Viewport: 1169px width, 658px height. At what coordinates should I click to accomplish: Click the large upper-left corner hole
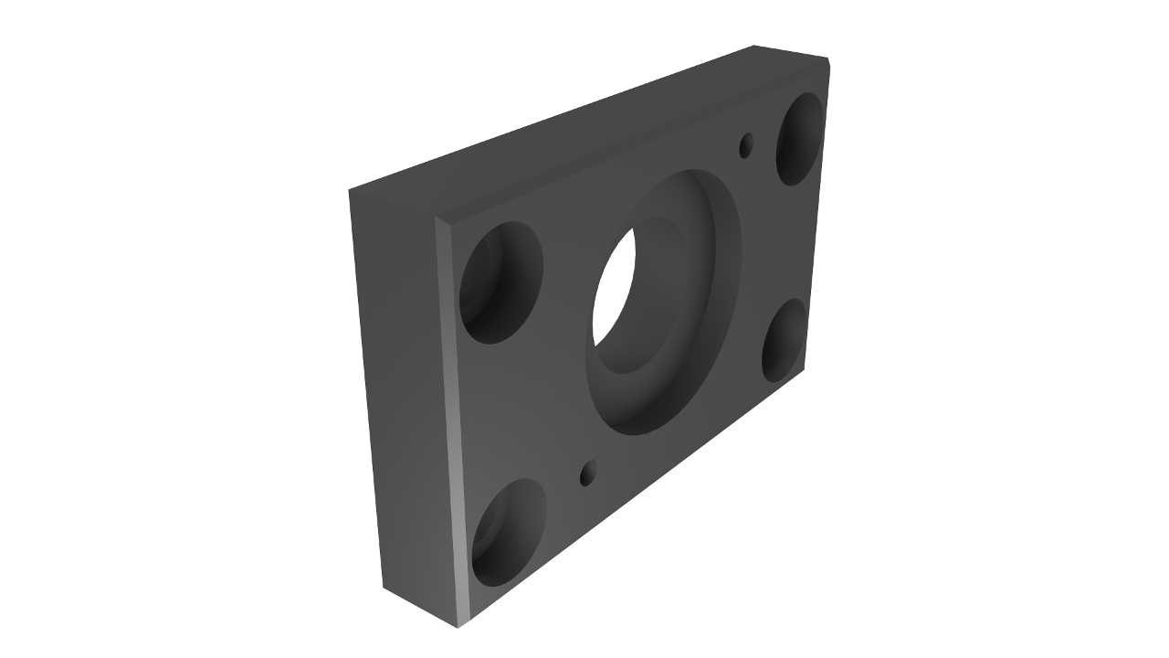[500, 282]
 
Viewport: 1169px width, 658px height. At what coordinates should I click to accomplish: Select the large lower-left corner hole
[509, 532]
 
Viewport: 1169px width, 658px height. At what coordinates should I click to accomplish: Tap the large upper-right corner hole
[800, 138]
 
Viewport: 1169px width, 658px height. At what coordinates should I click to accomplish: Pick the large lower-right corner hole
[785, 340]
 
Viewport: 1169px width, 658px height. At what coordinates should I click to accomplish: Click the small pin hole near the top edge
[746, 145]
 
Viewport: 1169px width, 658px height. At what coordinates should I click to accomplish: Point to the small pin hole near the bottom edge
[588, 472]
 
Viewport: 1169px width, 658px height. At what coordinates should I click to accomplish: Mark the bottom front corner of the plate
[458, 627]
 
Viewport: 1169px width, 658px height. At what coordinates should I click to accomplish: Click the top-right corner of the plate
[827, 62]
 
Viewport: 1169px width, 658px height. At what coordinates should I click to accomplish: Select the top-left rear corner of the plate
[350, 191]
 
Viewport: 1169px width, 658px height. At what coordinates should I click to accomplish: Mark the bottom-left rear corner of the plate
[384, 587]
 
